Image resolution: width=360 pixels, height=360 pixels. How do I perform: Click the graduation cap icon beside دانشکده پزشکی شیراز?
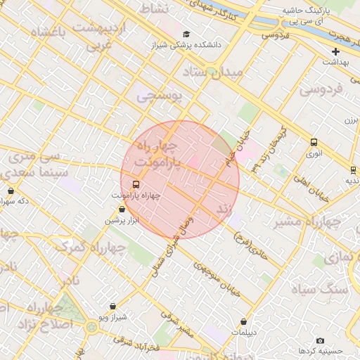point(186,34)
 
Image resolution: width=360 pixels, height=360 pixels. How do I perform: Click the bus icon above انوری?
point(314,142)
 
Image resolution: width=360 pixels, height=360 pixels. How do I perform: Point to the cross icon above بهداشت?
point(336,51)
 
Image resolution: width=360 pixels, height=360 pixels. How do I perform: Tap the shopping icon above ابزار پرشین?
point(122,210)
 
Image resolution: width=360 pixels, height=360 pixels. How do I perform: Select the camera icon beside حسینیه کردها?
point(321,340)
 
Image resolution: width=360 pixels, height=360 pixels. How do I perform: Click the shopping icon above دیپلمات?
point(244,321)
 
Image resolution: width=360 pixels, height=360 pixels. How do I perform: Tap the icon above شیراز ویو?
point(113,306)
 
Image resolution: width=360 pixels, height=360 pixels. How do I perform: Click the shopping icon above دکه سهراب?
point(11,191)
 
